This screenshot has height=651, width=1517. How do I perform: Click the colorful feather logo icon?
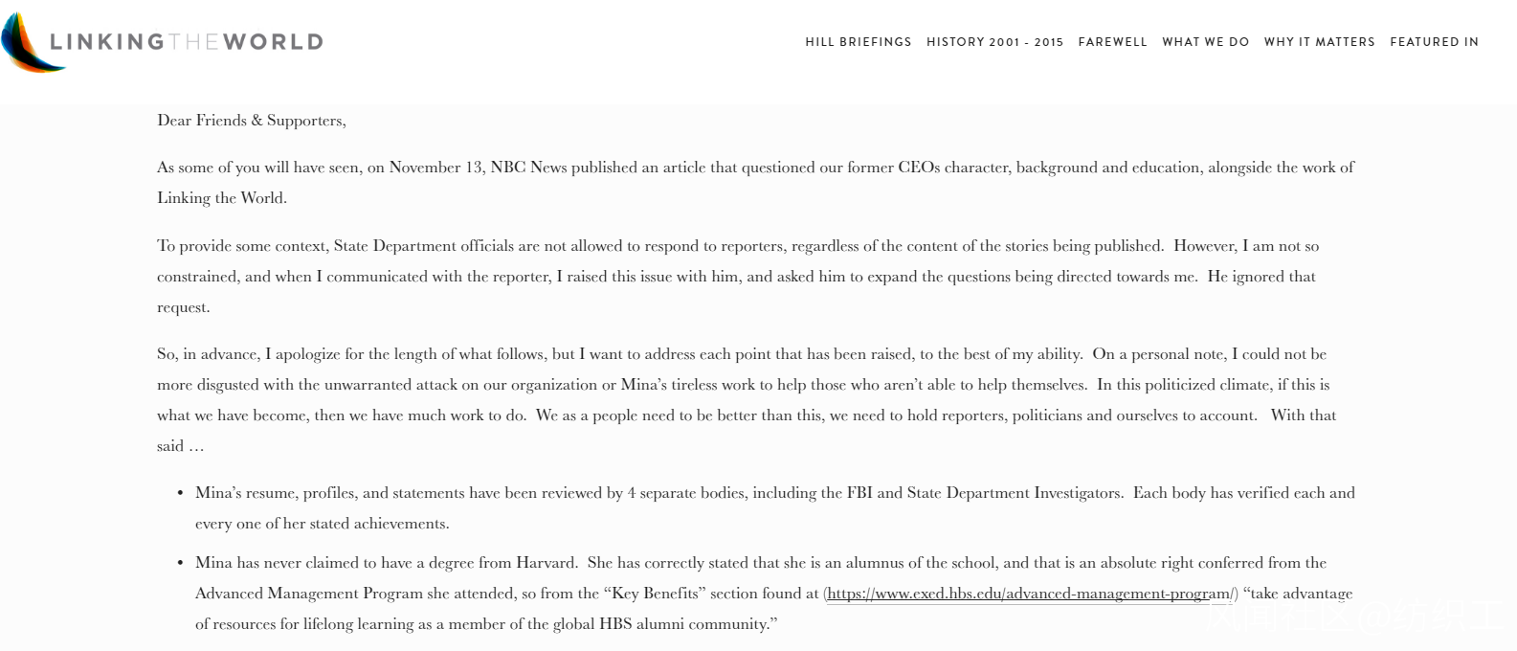point(34,42)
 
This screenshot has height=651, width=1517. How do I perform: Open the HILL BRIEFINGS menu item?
point(858,42)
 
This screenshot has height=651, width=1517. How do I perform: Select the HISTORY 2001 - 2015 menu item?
point(994,42)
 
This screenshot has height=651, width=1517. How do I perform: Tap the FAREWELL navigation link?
point(1112,42)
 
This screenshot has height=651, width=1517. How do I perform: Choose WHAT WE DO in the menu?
point(1205,42)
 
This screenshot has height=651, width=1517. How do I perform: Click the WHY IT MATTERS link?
point(1319,42)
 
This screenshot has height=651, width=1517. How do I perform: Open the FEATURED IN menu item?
point(1434,42)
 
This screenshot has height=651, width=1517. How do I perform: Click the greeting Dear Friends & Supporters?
point(251,121)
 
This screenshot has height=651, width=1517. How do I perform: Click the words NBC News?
point(528,168)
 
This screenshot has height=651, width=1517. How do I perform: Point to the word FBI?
point(859,493)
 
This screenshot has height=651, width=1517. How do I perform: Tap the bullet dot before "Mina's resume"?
point(180,493)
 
